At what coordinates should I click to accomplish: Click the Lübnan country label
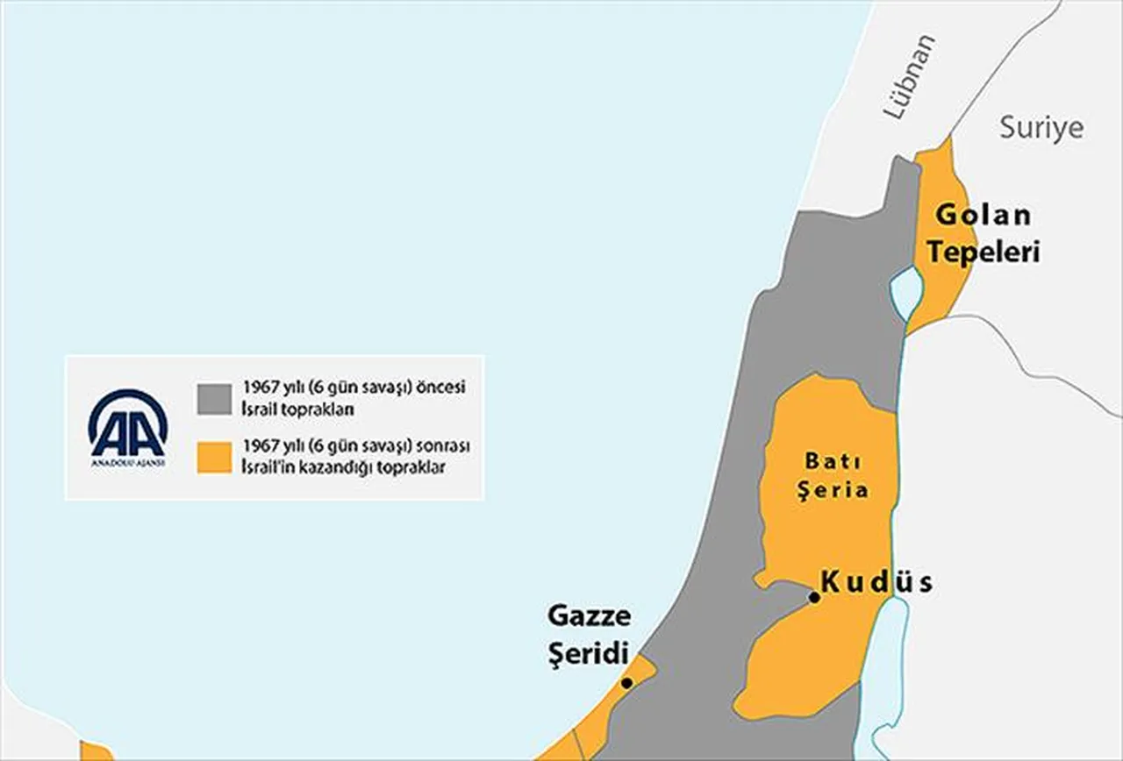pos(909,78)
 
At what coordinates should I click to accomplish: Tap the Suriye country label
pos(1041,128)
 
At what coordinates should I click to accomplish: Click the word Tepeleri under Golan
pos(984,252)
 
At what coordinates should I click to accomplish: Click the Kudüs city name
pos(877,583)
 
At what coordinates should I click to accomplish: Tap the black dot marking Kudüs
pos(814,597)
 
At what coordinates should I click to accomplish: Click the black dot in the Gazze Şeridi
pos(626,683)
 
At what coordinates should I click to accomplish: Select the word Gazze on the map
pos(589,616)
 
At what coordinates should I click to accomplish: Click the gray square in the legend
pos(214,398)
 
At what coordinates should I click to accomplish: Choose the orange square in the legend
pos(214,458)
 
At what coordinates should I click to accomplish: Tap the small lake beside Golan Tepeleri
pos(905,293)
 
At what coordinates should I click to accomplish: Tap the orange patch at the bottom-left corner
pos(95,751)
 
